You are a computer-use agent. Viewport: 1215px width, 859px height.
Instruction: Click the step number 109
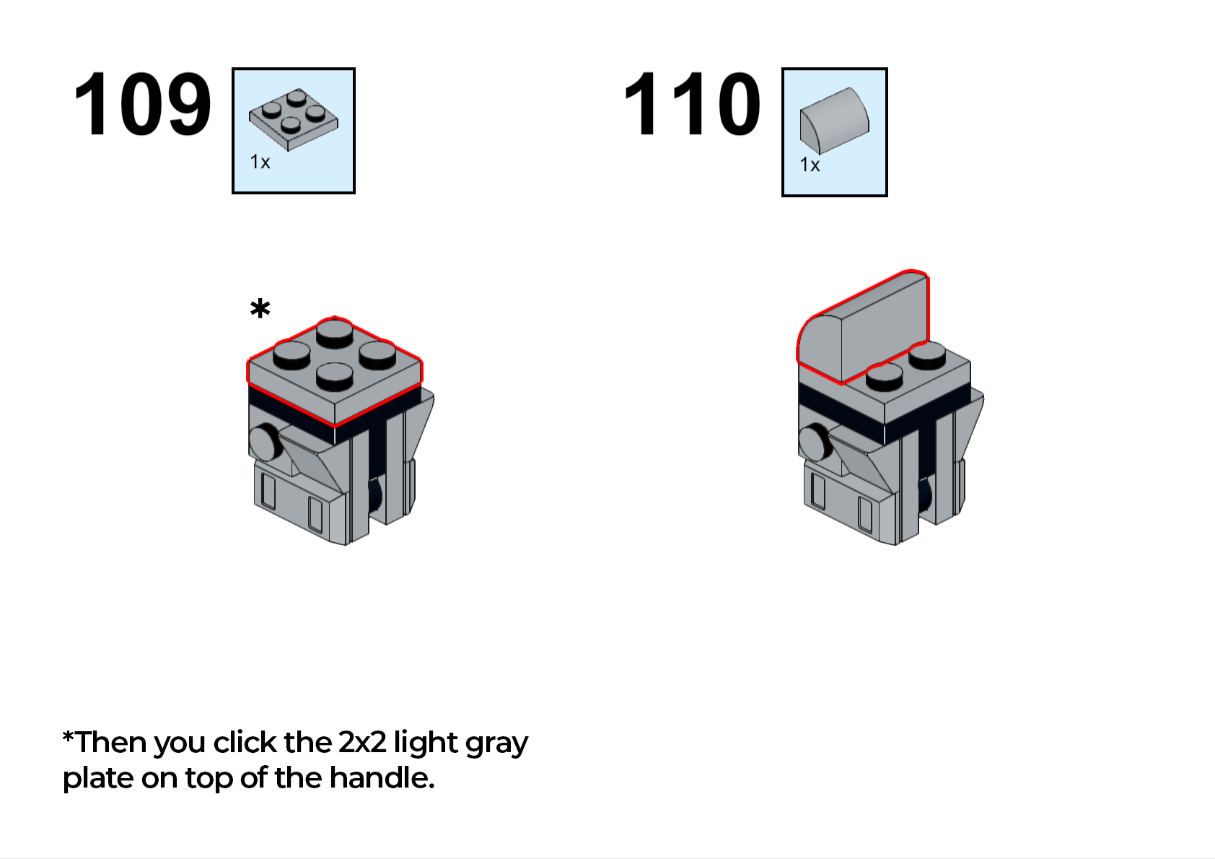142,104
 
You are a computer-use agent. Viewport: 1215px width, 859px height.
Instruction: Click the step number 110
692,104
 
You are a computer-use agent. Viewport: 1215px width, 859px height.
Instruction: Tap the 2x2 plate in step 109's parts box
294,119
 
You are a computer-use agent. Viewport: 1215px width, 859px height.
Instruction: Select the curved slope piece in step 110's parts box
834,121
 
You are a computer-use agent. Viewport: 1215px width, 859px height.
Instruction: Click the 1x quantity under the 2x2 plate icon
260,162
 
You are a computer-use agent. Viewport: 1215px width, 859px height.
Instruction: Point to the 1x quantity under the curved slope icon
810,165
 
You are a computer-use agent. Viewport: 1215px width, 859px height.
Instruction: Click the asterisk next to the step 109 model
260,309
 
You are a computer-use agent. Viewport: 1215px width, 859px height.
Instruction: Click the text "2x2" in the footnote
361,742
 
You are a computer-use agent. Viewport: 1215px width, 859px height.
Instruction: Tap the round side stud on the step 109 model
265,442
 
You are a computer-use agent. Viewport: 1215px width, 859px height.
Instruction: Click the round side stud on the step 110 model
815,442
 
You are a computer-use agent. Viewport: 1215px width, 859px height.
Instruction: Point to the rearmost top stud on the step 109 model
335,332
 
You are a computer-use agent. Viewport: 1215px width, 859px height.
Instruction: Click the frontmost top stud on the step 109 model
335,376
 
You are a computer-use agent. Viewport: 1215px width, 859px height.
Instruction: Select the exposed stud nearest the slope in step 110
884,377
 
